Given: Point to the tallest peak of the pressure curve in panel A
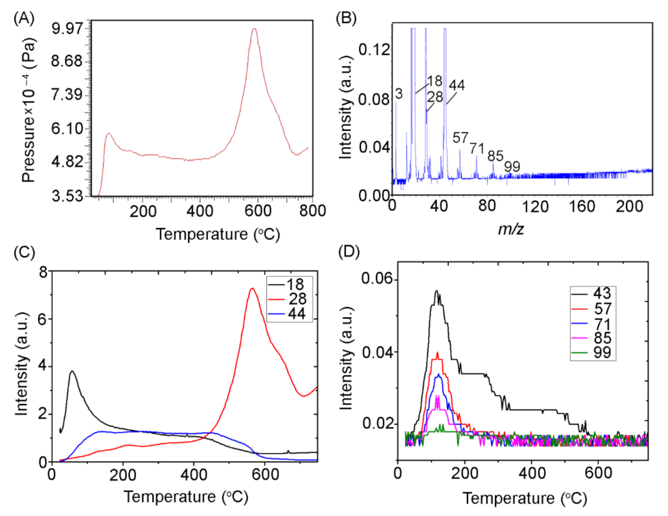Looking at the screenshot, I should pyautogui.click(x=254, y=29).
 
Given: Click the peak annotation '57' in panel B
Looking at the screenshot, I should pyautogui.click(x=461, y=137).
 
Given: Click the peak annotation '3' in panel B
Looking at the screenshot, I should pyautogui.click(x=399, y=94).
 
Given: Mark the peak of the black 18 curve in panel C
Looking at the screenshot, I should pyautogui.click(x=73, y=371).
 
